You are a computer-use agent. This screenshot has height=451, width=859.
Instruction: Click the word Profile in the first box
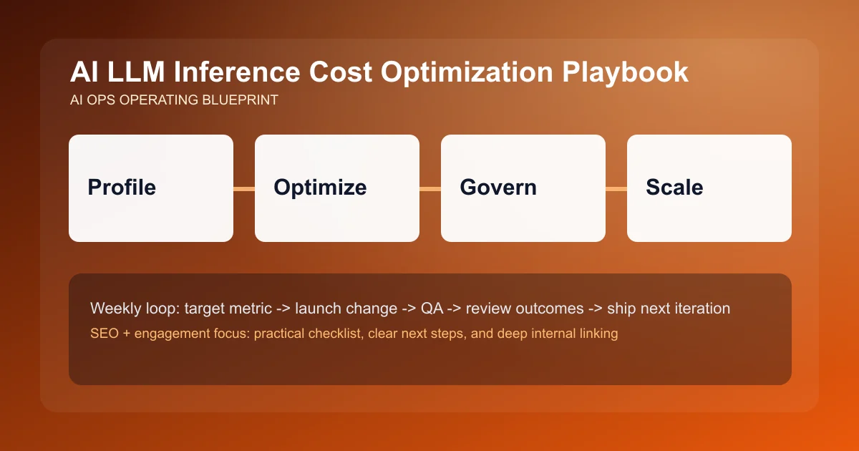point(122,188)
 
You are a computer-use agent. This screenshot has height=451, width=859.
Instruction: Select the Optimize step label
point(320,188)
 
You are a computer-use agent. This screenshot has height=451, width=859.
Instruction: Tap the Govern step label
point(498,188)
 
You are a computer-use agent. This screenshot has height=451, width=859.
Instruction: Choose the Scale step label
point(674,188)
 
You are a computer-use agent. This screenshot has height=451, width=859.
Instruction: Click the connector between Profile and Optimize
point(244,188)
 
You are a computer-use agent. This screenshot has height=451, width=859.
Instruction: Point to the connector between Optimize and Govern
point(430,188)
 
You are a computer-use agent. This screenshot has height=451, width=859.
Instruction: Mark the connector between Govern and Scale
point(616,188)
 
